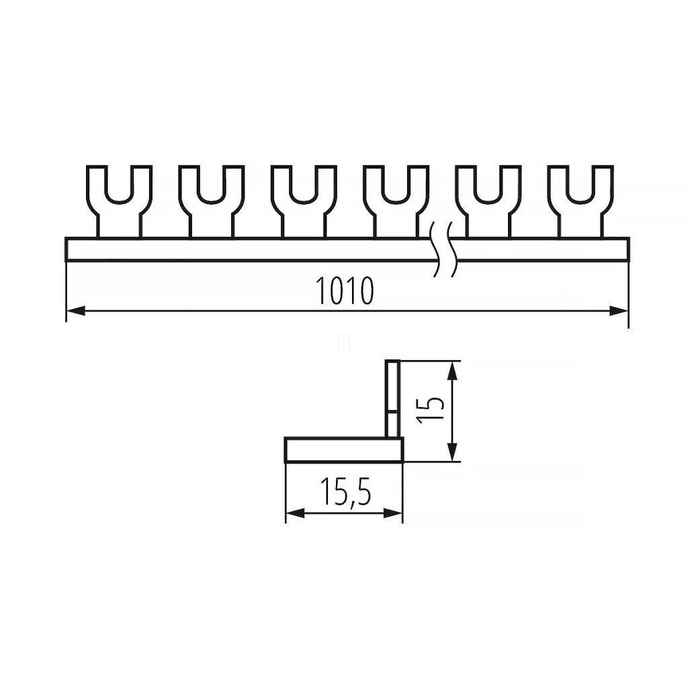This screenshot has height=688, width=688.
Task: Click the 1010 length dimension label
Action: [x=345, y=290]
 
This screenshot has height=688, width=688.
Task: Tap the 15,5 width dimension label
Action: [x=345, y=491]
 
